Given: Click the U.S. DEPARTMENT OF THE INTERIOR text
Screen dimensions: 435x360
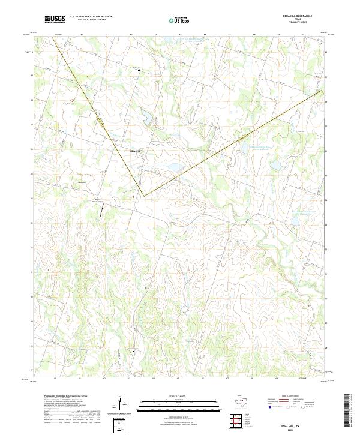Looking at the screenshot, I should point(91,16).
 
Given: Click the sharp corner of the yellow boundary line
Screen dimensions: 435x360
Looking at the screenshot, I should point(143,195).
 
